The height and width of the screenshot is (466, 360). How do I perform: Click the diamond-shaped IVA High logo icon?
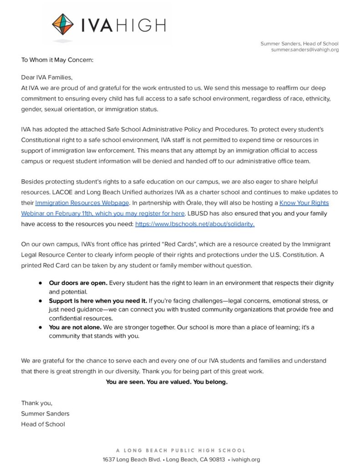click(x=62, y=25)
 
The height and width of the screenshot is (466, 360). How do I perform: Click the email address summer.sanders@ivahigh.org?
click(x=304, y=50)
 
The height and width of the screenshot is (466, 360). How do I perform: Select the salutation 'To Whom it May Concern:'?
click(x=57, y=60)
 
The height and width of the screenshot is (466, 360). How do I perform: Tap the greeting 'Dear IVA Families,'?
click(x=46, y=77)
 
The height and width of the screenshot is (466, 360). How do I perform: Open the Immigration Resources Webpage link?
click(x=82, y=203)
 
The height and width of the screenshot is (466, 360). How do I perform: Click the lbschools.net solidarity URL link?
click(x=195, y=224)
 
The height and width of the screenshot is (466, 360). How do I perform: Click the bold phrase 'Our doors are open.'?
click(x=78, y=283)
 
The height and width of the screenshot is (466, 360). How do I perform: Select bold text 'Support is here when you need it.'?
click(x=98, y=301)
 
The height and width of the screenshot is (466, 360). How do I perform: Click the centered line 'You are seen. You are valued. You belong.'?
click(x=167, y=382)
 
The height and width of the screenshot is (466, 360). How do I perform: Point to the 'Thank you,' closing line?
click(x=37, y=403)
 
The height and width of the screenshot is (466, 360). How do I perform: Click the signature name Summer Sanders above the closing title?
click(x=45, y=414)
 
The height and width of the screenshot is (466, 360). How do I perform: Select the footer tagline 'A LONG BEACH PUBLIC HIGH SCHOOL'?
click(x=181, y=450)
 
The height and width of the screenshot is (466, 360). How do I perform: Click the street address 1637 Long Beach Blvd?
click(x=132, y=460)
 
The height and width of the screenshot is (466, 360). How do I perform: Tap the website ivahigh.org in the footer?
click(x=246, y=460)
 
